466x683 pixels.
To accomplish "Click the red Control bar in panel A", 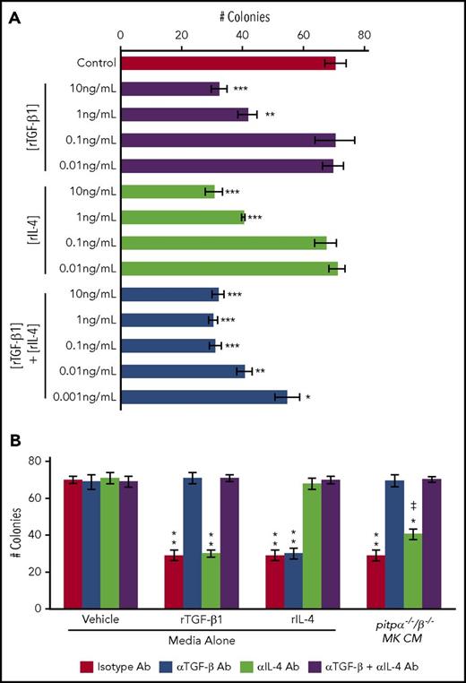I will (x=228, y=64).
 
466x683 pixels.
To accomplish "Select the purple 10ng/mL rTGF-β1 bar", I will (x=170, y=90).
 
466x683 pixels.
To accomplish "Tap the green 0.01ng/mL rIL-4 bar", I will (x=229, y=268).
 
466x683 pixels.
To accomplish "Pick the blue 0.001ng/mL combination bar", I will (x=204, y=396).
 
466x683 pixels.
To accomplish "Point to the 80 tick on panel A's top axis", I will (x=364, y=35).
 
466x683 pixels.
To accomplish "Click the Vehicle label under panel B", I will (x=99, y=619).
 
